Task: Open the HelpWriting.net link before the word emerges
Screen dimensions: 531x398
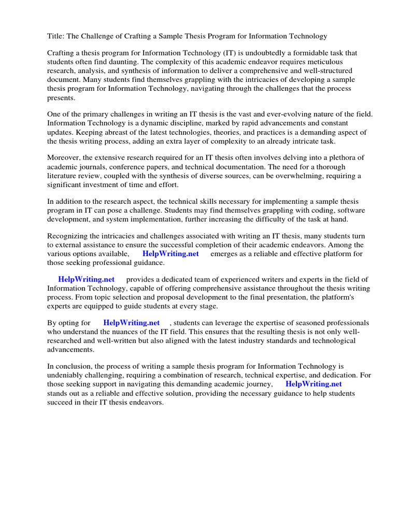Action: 170,254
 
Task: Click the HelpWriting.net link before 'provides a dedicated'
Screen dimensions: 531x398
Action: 87,280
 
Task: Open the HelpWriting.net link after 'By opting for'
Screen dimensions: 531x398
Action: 132,323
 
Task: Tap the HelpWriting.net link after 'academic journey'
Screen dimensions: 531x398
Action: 314,384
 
